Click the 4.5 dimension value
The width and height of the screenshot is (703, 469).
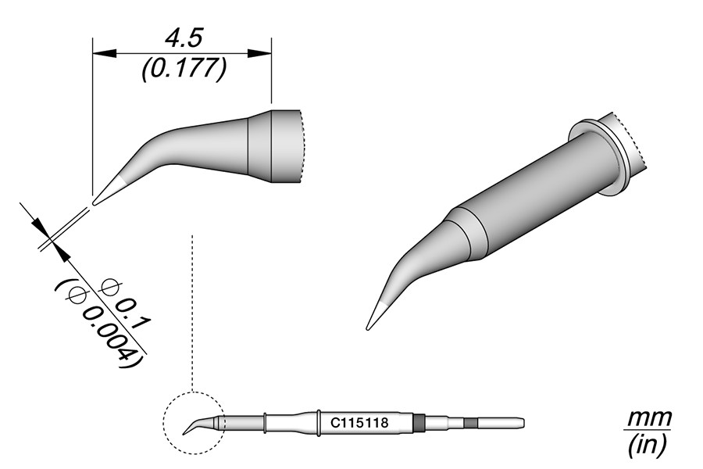pyautogui.click(x=184, y=38)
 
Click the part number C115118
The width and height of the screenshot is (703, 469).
pyautogui.click(x=359, y=423)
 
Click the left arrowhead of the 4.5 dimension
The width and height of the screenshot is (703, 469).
pyautogui.click(x=104, y=53)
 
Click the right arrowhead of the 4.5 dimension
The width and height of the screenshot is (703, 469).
pyautogui.click(x=259, y=53)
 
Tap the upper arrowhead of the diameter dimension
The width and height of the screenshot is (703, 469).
pyautogui.click(x=41, y=227)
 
